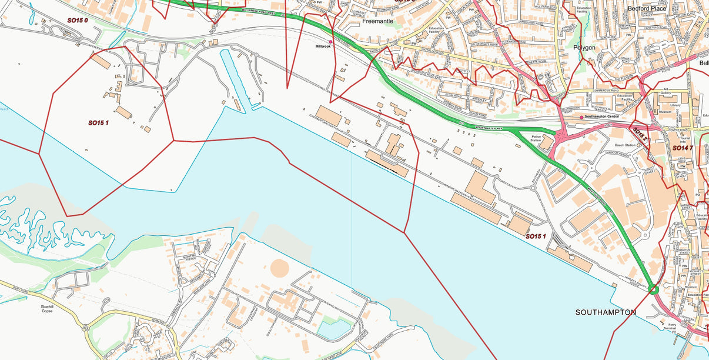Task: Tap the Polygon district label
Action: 584,47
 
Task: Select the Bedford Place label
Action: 647,8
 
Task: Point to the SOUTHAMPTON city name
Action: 606,312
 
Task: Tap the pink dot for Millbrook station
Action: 330,42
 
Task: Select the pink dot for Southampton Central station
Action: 581,117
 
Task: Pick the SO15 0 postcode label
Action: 77,21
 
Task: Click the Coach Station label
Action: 627,145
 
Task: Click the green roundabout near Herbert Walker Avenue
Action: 653,289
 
